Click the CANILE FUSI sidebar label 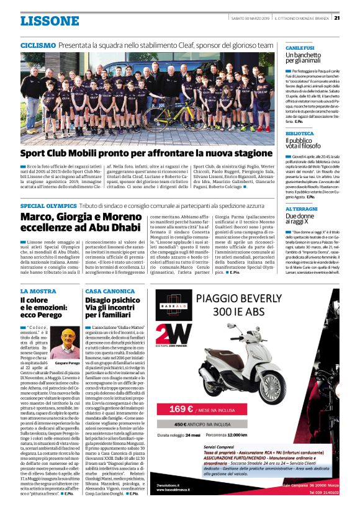pyautogui.click(x=300, y=48)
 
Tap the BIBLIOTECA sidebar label pyautogui.click(x=300, y=133)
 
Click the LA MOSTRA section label pyautogui.click(x=38, y=291)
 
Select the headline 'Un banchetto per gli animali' pyautogui.click(x=307, y=58)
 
